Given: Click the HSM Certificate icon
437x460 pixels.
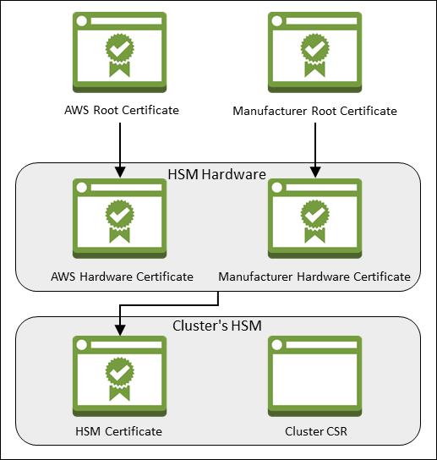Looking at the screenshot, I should pyautogui.click(x=119, y=377).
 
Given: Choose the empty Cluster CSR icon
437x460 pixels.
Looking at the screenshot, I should pyautogui.click(x=314, y=377).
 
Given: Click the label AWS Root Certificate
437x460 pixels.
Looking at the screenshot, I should pyautogui.click(x=122, y=110).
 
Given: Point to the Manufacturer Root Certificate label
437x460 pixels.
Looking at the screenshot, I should pyautogui.click(x=314, y=111).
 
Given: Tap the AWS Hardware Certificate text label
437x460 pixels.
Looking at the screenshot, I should pyautogui.click(x=122, y=277).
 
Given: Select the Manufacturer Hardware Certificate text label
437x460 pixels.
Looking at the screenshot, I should pyautogui.click(x=314, y=277).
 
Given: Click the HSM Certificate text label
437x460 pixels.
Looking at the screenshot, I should pyautogui.click(x=119, y=432).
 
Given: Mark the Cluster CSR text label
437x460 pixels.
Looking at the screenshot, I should pyautogui.click(x=314, y=432).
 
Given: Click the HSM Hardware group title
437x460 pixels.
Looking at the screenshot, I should pyautogui.click(x=218, y=174).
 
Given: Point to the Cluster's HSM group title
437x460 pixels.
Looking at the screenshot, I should pyautogui.click(x=218, y=325).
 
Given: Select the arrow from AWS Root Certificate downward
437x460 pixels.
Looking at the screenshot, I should pyautogui.click(x=120, y=148).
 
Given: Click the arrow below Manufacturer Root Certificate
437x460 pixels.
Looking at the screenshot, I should pyautogui.click(x=314, y=148).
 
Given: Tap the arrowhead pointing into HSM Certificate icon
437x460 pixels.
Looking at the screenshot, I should pyautogui.click(x=120, y=330).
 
